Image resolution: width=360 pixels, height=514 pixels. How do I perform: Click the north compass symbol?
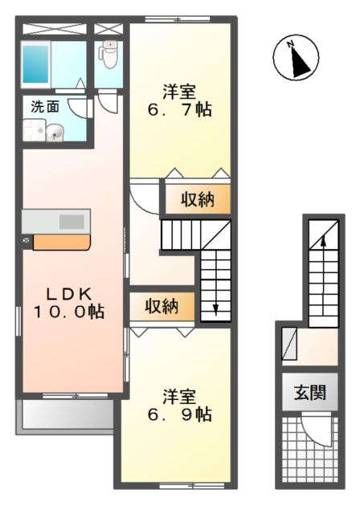pos(297,58)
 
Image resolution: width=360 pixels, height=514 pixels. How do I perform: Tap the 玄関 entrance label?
pos(309,393)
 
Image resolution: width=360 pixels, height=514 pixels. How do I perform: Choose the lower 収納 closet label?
pos(162,306)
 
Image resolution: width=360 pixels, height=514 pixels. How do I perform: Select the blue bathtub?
pos(37,62)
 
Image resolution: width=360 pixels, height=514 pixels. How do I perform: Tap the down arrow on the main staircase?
pos(215,306)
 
